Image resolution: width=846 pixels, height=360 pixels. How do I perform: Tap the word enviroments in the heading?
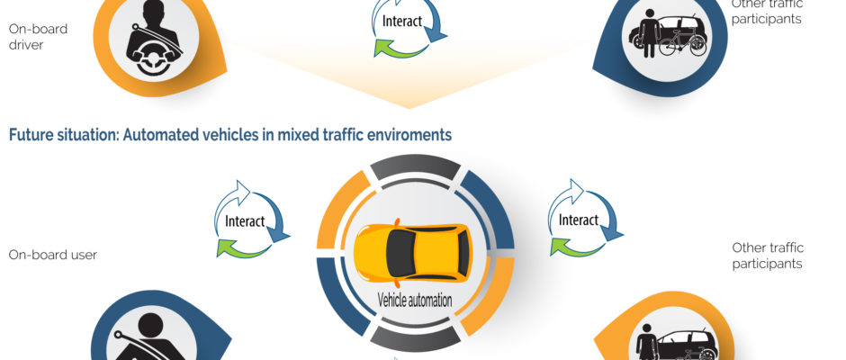[416, 135]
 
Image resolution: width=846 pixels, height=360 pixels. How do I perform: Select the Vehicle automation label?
[414, 300]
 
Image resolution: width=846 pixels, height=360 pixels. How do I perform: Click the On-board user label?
[53, 255]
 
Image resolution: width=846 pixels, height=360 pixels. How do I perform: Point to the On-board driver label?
[38, 37]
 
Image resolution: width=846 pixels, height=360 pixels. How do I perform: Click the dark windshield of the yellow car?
[401, 252]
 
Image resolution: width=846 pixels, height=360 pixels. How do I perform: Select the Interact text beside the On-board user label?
[245, 221]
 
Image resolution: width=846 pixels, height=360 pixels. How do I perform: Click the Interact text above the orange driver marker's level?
[402, 21]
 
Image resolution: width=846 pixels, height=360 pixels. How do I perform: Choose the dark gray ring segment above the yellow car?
[415, 167]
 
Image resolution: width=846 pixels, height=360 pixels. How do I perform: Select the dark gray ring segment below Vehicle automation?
[415, 338]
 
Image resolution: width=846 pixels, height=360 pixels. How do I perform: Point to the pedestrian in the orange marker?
[647, 343]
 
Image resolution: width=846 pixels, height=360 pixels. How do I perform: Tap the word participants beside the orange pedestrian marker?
[767, 264]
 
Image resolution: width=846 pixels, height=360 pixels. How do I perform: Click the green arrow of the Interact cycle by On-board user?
[243, 248]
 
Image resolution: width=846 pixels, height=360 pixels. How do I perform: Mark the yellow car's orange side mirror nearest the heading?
[397, 221]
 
